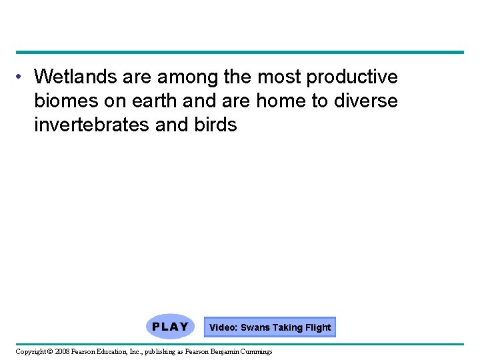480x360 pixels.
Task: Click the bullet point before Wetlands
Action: click(x=22, y=77)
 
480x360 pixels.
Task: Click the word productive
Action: click(x=351, y=78)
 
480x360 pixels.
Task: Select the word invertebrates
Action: click(x=91, y=125)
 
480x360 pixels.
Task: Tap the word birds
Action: click(x=215, y=125)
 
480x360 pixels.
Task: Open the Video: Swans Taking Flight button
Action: click(x=269, y=327)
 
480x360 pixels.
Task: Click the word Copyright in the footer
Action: click(x=31, y=351)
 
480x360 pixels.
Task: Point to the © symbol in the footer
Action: click(x=51, y=351)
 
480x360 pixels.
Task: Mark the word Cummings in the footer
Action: click(x=257, y=351)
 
